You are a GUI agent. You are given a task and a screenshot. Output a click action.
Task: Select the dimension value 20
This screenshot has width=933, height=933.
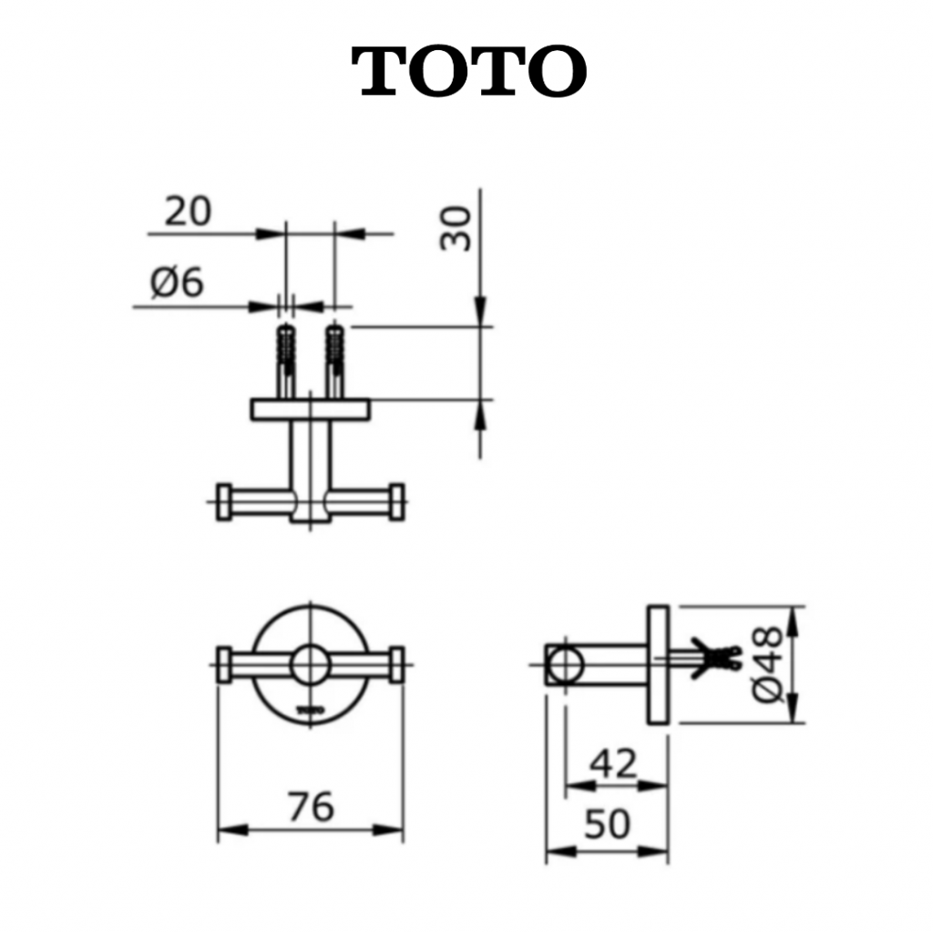(188, 211)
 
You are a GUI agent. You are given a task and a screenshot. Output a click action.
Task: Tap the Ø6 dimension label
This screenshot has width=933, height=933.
(177, 282)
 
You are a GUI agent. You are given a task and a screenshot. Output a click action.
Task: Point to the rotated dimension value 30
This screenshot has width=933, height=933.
(456, 229)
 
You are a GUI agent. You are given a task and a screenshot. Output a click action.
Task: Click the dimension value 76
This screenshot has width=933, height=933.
(311, 806)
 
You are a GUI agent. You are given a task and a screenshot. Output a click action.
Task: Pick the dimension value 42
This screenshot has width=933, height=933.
(614, 764)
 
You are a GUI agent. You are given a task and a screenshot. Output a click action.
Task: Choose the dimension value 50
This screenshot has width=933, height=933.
(606, 824)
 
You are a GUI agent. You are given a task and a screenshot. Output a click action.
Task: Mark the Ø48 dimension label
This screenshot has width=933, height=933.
(767, 664)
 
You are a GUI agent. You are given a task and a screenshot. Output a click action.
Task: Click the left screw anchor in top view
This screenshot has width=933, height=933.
(286, 361)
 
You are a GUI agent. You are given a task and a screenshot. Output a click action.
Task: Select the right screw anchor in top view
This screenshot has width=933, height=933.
(335, 361)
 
